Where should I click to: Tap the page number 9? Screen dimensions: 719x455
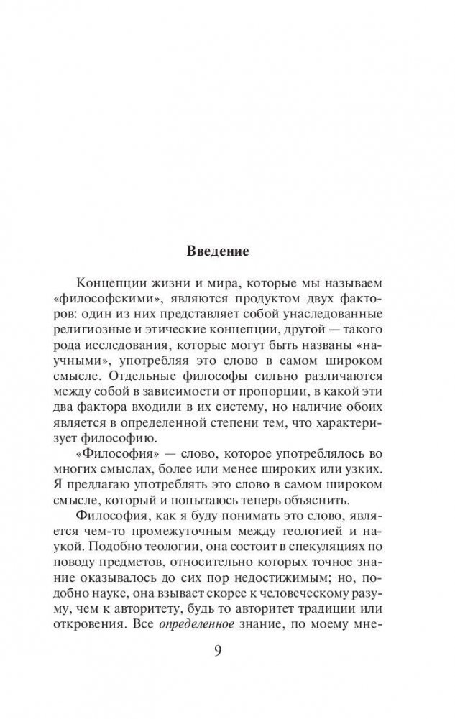click(x=219, y=653)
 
